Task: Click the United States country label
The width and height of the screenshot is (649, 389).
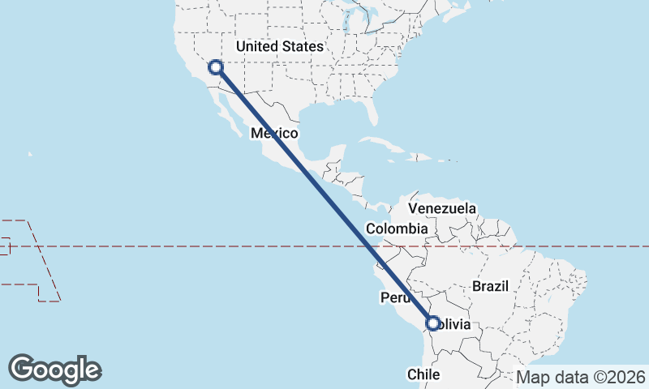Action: coord(279,46)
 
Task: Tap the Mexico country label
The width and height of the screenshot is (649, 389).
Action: coord(274,133)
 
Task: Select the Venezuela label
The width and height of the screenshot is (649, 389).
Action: coord(442,208)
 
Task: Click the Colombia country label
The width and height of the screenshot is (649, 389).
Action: coord(396,229)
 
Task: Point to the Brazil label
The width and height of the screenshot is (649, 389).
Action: coord(490,286)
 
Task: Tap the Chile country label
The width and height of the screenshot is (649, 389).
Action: coord(423,374)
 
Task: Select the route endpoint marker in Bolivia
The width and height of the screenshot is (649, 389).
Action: coord(432,323)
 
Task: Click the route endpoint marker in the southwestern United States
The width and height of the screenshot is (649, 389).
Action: coord(216,68)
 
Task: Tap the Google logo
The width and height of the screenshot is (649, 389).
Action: coord(55,370)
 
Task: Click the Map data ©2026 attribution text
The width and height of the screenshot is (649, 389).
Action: coord(581,377)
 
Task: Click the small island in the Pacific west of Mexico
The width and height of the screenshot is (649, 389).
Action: coord(30,153)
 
